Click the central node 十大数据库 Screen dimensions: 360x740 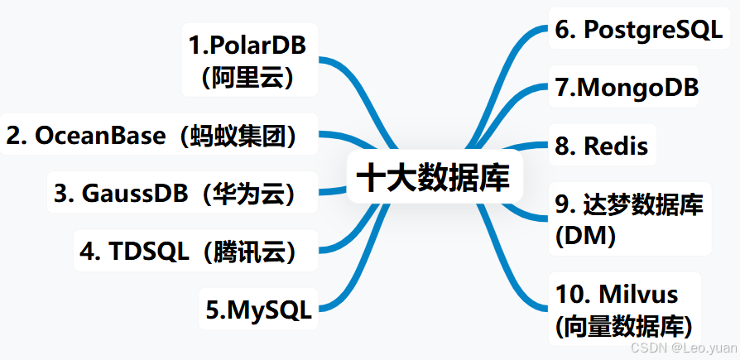435,176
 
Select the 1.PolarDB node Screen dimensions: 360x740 248,46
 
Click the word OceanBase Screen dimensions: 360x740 100,136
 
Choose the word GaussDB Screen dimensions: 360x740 128,193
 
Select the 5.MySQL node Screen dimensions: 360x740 258,310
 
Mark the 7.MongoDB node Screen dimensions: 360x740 627,88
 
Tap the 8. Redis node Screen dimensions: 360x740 602,146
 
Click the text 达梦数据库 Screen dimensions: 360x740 643,204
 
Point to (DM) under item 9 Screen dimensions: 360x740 585,236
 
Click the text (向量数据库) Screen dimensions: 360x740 623,324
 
